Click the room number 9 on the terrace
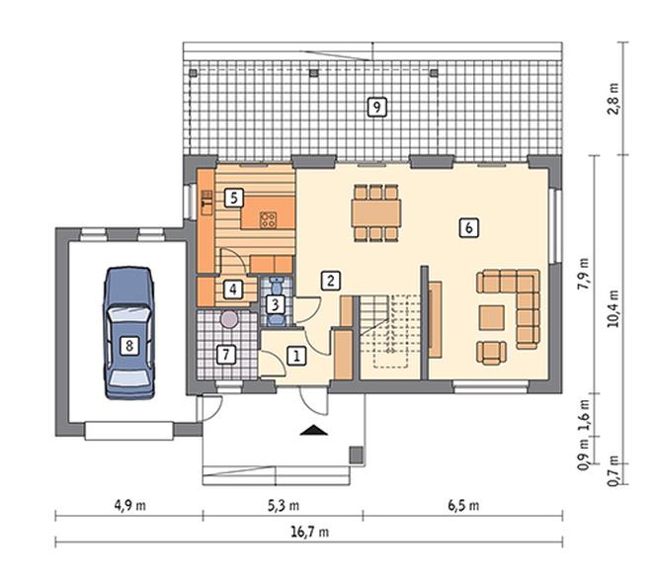click(x=376, y=108)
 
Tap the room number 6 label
click(x=468, y=227)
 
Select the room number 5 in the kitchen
click(x=234, y=198)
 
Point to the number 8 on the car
click(x=129, y=345)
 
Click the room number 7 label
click(x=226, y=355)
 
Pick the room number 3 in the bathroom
click(x=275, y=305)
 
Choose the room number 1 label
click(x=297, y=356)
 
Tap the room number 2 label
click(x=331, y=281)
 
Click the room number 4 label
click(x=233, y=289)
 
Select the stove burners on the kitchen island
click(x=268, y=220)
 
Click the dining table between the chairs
click(x=376, y=213)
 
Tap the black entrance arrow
click(x=314, y=430)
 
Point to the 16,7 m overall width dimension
click(x=309, y=532)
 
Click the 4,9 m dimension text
click(x=130, y=506)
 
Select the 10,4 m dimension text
click(x=612, y=308)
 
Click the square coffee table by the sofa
click(x=492, y=318)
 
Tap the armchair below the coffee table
click(x=492, y=353)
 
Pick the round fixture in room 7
click(x=229, y=319)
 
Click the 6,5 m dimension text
click(x=463, y=506)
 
